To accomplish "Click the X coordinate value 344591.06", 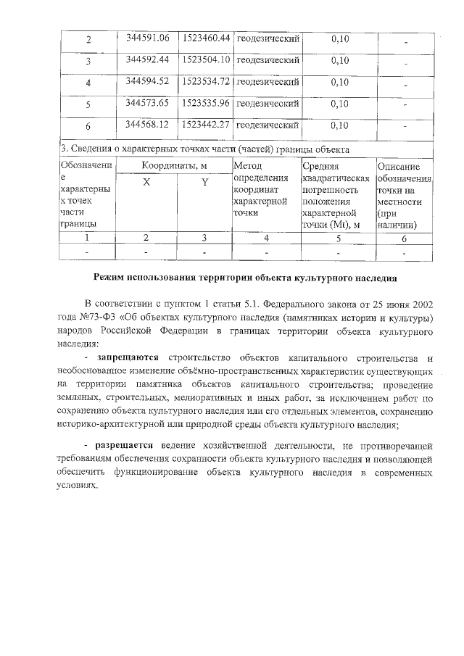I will point(147,38).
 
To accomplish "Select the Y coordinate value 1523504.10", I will point(206,59).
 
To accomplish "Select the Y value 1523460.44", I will point(206,38).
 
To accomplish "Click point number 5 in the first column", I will point(88,104).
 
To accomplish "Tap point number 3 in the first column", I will point(88,61).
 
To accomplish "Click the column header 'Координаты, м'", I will point(174,166).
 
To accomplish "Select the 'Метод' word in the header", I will point(248,166).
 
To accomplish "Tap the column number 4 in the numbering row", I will point(266,237).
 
